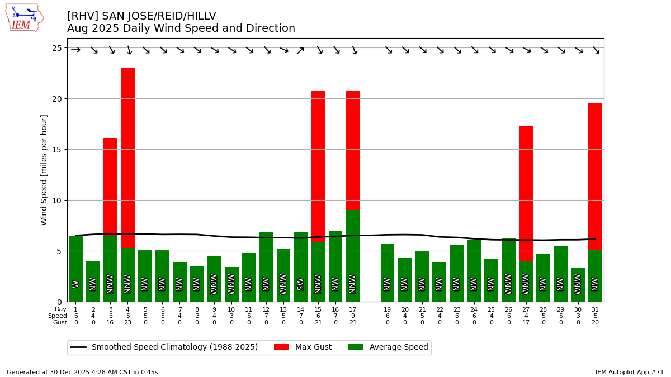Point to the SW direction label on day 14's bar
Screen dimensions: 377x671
(x=301, y=284)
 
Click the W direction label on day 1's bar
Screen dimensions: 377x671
(x=75, y=284)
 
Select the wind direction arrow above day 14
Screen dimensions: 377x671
(x=301, y=50)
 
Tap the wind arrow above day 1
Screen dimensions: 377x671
(x=75, y=50)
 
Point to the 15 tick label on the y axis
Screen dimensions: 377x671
(x=57, y=150)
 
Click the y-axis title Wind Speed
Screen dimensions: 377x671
(x=44, y=170)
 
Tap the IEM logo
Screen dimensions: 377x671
(x=24, y=18)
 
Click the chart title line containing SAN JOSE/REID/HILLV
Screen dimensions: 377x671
(x=141, y=16)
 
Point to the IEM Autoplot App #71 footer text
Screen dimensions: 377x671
(x=630, y=372)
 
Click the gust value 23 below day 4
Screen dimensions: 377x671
(x=127, y=323)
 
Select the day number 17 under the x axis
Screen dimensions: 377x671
(x=353, y=309)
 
